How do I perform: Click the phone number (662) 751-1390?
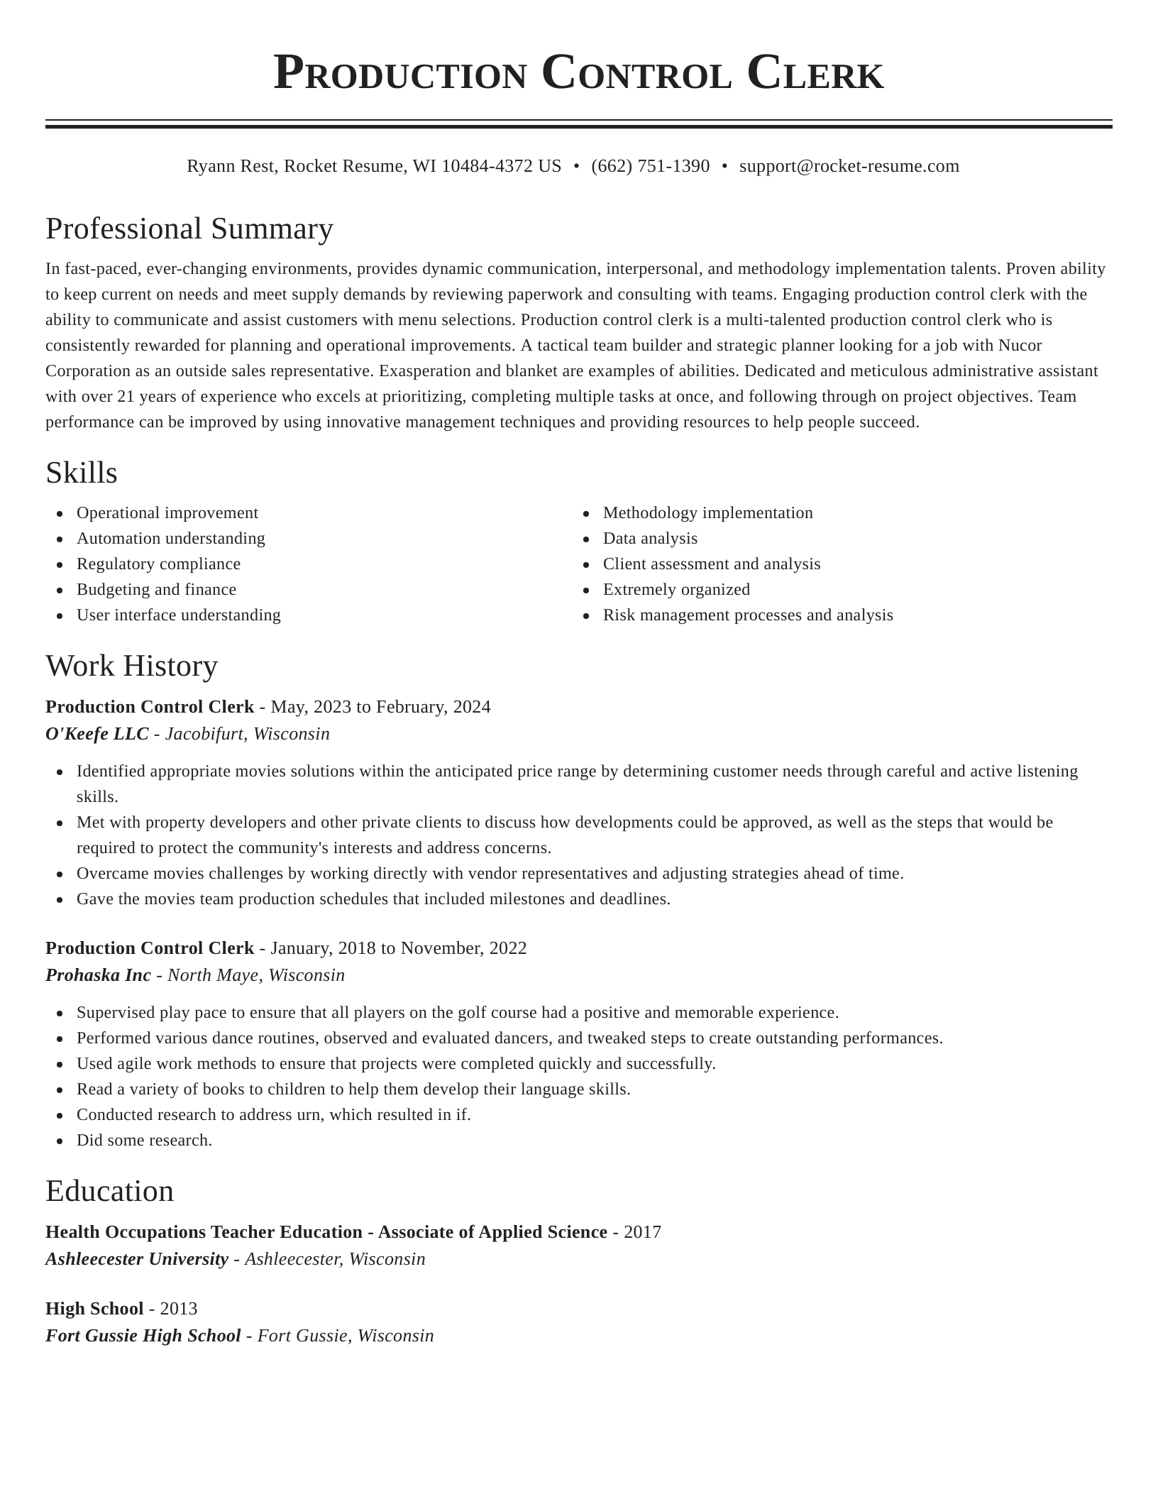tap(650, 166)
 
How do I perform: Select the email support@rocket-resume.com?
tap(849, 166)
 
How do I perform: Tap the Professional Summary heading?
tap(189, 229)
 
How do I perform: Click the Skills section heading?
tap(82, 473)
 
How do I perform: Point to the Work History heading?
tap(131, 666)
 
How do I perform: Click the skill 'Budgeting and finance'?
tap(156, 590)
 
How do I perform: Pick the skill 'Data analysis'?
tap(650, 539)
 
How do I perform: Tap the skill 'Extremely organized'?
tap(676, 590)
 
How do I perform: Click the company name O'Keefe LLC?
tap(97, 735)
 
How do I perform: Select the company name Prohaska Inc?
tap(98, 976)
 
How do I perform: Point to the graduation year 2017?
tap(642, 1233)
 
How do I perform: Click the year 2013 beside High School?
tap(179, 1309)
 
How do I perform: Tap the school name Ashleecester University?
tap(137, 1260)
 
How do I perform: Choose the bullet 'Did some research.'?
tap(144, 1141)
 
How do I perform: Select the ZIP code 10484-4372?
tap(487, 166)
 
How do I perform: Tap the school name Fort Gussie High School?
tap(143, 1336)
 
